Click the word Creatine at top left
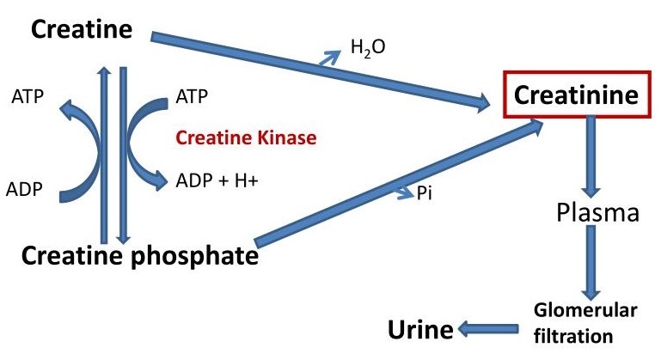83,30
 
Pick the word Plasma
597,212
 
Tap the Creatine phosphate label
140,255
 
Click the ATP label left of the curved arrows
28,96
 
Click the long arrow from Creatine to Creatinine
318,71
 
